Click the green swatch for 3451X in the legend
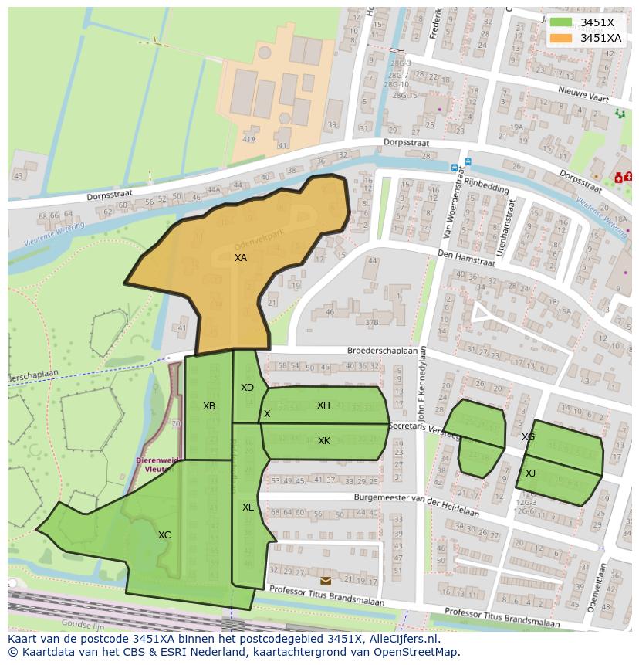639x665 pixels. coord(561,22)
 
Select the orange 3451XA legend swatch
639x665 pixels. coord(561,38)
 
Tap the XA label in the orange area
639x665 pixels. coord(241,258)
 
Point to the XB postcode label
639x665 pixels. coord(209,406)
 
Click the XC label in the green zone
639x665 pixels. coord(164,535)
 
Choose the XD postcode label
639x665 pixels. coord(247,388)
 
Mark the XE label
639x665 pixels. coord(248,507)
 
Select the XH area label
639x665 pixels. coord(323,405)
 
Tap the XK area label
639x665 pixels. coord(324,441)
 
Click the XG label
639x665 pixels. coord(528,437)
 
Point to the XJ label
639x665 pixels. coord(530,473)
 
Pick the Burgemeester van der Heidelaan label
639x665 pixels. coord(417,505)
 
